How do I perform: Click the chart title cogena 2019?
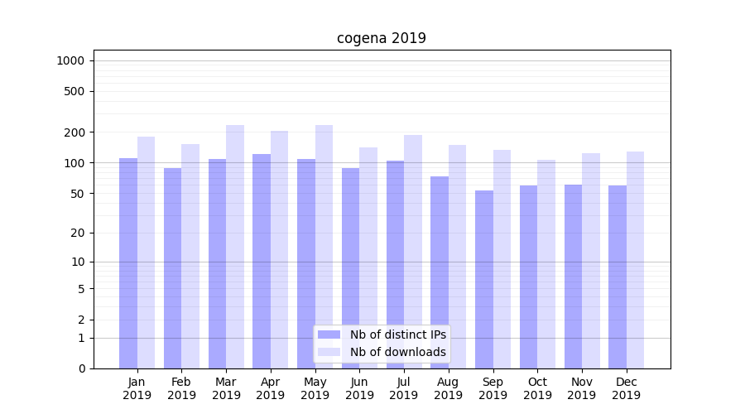[381, 38]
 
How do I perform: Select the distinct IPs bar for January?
[128, 263]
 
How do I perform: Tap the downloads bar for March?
[235, 247]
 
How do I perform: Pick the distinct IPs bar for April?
[262, 261]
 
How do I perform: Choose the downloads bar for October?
[546, 264]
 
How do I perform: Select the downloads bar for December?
[635, 260]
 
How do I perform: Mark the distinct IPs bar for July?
[395, 264]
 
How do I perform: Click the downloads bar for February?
[190, 256]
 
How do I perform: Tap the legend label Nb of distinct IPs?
[397, 335]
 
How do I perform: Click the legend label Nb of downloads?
[397, 352]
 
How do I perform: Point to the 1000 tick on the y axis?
[70, 60]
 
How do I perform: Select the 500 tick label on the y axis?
[75, 91]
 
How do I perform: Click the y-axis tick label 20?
[78, 233]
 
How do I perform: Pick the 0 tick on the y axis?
[81, 368]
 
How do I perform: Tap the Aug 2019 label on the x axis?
[448, 388]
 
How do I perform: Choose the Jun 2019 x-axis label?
[359, 388]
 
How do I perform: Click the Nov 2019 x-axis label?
[581, 388]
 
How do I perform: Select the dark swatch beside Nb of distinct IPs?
[329, 335]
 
